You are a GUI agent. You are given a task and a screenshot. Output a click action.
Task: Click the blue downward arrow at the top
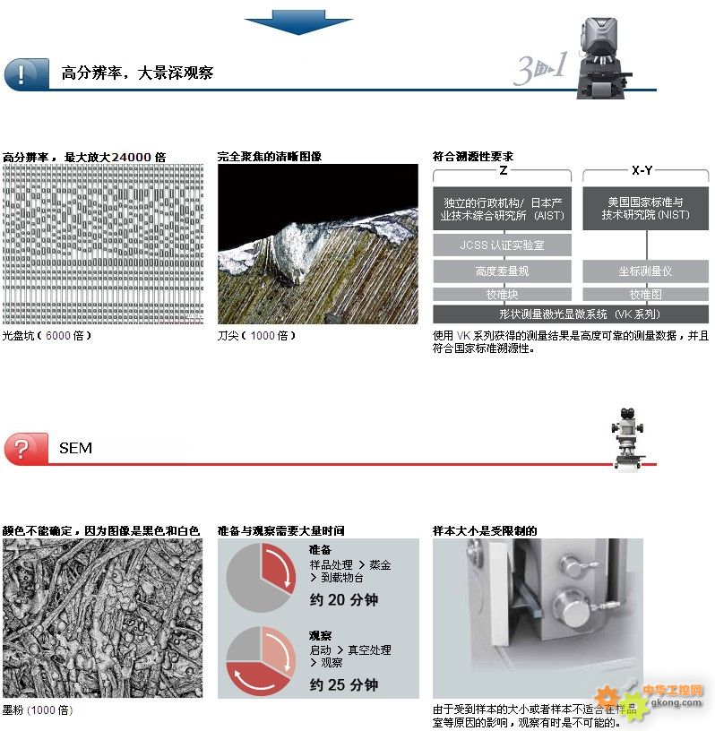click(x=298, y=21)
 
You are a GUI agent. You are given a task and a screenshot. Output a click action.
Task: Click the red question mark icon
click(x=26, y=449)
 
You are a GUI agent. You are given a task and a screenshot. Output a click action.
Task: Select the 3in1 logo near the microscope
click(x=541, y=69)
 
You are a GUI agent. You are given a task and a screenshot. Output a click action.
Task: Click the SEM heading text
click(x=75, y=448)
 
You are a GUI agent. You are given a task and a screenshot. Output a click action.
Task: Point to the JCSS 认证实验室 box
click(x=502, y=245)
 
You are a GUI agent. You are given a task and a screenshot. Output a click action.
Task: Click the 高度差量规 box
click(x=502, y=271)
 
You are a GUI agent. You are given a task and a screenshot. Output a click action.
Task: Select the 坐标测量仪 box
click(x=645, y=271)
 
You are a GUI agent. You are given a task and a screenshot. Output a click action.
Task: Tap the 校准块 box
click(x=502, y=294)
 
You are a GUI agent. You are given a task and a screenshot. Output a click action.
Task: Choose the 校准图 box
click(x=645, y=294)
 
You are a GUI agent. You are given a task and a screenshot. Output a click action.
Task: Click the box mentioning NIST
click(x=645, y=209)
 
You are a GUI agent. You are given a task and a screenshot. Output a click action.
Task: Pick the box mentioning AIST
click(x=502, y=209)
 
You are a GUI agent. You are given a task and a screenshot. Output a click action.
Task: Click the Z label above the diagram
click(x=504, y=170)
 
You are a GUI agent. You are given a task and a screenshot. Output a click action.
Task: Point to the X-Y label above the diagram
click(x=642, y=170)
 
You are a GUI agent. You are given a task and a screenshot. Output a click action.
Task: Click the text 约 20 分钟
click(x=344, y=599)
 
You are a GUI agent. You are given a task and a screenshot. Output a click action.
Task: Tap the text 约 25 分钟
click(x=344, y=684)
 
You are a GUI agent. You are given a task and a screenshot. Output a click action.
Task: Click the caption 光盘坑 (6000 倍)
click(x=47, y=335)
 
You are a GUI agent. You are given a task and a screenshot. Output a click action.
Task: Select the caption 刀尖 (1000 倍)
click(x=256, y=335)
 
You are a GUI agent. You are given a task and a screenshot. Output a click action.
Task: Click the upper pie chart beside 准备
click(x=261, y=578)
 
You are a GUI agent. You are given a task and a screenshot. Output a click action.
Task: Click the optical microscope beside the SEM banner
click(x=628, y=439)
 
